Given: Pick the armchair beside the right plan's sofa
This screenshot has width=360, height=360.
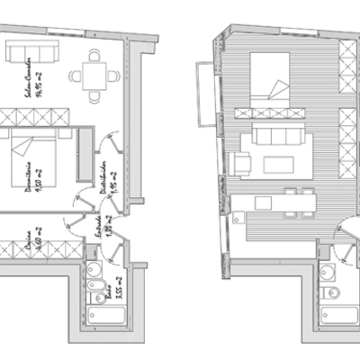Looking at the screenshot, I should coord(242,165).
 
